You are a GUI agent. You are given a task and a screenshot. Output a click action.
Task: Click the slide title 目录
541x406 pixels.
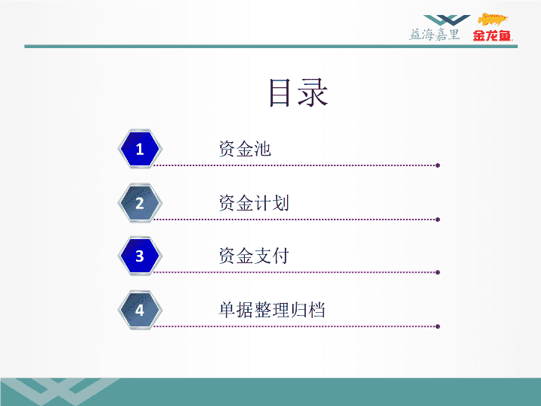(x=298, y=92)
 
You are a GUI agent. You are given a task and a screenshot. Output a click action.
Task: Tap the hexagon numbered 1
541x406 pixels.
(x=140, y=149)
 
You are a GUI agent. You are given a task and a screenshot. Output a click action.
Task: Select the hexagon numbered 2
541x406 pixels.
(x=140, y=203)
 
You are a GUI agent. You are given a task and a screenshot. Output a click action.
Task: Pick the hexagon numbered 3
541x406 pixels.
(x=140, y=256)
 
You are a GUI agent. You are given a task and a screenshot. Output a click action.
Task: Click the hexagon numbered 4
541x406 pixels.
(x=140, y=310)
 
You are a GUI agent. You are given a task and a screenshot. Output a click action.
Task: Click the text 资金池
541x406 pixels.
(x=245, y=149)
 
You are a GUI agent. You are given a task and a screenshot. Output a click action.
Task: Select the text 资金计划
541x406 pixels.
(x=254, y=203)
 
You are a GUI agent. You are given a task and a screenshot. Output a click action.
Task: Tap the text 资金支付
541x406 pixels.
(x=254, y=256)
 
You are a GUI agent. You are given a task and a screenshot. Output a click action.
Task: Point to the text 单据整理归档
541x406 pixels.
(x=272, y=310)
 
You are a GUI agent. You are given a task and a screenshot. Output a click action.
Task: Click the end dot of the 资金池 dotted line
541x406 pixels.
(x=438, y=165)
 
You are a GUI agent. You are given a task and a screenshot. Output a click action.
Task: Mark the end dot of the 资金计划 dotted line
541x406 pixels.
(x=438, y=220)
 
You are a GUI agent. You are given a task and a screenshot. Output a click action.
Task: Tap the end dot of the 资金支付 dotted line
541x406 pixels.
(x=438, y=272)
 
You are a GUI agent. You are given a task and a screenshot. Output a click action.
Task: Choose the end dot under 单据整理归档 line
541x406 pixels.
(x=438, y=326)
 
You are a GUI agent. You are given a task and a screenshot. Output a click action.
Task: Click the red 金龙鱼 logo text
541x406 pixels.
(x=492, y=35)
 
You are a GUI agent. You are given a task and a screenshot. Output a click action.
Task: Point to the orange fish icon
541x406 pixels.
(x=492, y=20)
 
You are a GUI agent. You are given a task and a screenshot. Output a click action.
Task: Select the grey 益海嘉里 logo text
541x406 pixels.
(x=435, y=35)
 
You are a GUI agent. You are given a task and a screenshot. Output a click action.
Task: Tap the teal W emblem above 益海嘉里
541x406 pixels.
(x=447, y=20)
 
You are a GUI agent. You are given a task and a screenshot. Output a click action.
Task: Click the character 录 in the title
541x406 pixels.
(x=313, y=92)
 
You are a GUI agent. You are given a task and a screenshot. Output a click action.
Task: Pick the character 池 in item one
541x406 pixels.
(x=263, y=149)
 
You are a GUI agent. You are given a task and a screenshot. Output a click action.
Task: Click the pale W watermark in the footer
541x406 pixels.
(x=60, y=392)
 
